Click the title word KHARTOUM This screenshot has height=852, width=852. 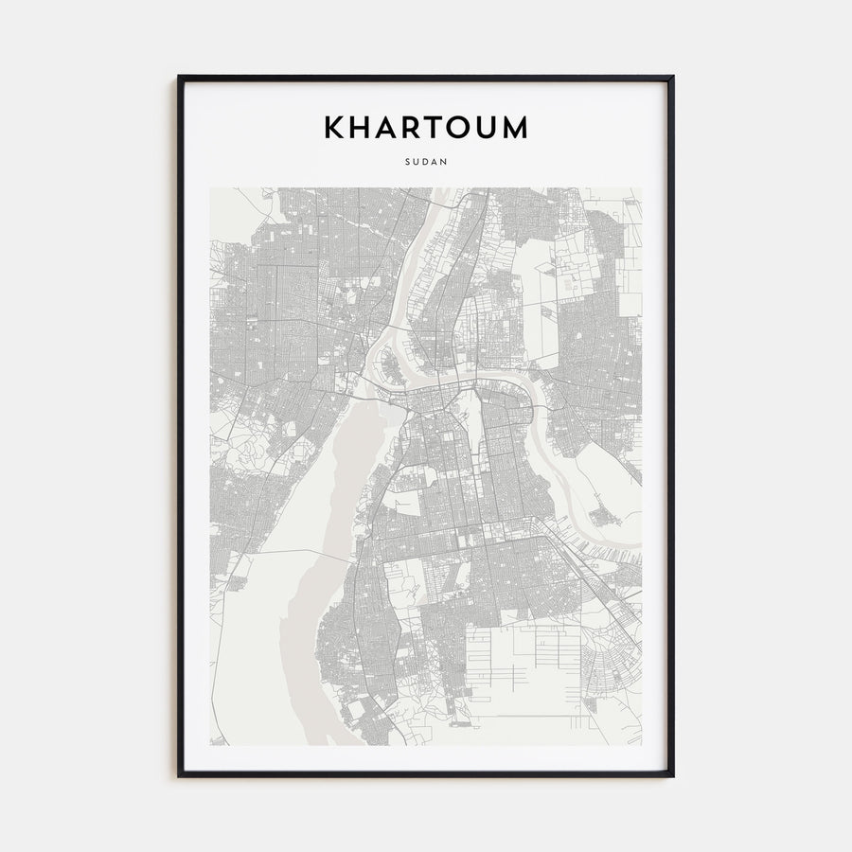point(426,128)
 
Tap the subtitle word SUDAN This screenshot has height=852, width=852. point(426,161)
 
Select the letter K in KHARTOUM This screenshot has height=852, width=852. point(336,128)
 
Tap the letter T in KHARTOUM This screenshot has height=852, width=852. point(425,128)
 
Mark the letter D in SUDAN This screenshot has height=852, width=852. point(426,161)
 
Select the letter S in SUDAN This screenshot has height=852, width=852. point(407,161)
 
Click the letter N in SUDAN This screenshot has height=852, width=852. point(445,161)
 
